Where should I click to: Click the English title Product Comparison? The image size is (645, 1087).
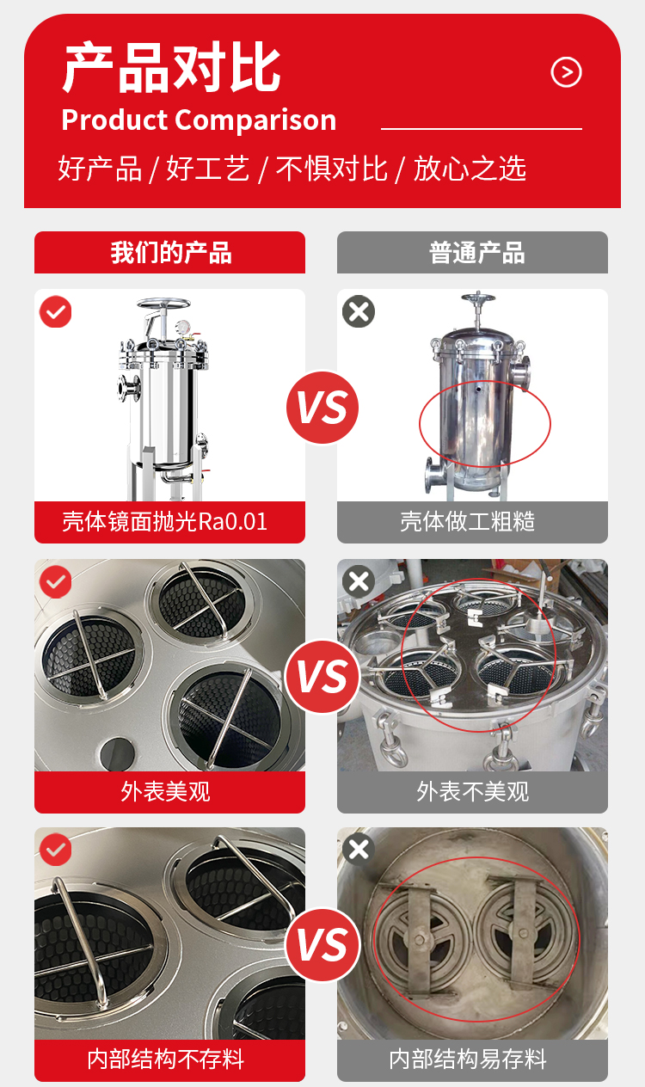pyautogui.click(x=199, y=120)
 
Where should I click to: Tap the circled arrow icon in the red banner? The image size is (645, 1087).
pyautogui.click(x=566, y=72)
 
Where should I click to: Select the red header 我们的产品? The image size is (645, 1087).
pyautogui.click(x=170, y=252)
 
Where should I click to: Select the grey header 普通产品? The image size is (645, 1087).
pyautogui.click(x=472, y=252)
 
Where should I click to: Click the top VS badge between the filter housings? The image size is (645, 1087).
pyautogui.click(x=322, y=407)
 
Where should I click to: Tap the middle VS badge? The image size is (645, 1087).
pyautogui.click(x=322, y=677)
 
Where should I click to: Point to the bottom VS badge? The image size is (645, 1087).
pyautogui.click(x=322, y=945)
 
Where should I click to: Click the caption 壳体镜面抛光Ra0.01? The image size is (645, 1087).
pyautogui.click(x=164, y=522)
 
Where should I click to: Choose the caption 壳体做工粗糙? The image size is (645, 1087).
pyautogui.click(x=467, y=522)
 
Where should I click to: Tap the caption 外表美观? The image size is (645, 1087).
pyautogui.click(x=165, y=791)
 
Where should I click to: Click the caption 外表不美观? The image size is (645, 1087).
pyautogui.click(x=472, y=791)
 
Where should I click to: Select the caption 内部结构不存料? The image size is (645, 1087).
pyautogui.click(x=165, y=1059)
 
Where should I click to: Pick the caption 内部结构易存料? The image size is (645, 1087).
pyautogui.click(x=467, y=1059)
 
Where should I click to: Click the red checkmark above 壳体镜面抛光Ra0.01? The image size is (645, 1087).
pyautogui.click(x=55, y=311)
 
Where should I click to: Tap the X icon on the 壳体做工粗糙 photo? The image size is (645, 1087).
pyautogui.click(x=359, y=311)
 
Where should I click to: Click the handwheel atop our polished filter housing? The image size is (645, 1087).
pyautogui.click(x=163, y=304)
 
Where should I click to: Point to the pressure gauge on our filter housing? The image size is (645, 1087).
pyautogui.click(x=182, y=327)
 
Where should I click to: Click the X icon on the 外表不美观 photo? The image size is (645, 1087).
pyautogui.click(x=359, y=581)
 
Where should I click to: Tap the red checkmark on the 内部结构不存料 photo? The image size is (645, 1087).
pyautogui.click(x=55, y=850)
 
